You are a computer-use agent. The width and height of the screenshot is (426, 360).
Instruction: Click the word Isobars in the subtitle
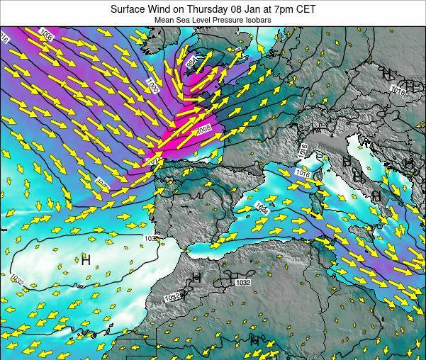point(256,21)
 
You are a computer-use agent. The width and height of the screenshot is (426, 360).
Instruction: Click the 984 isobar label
point(191,62)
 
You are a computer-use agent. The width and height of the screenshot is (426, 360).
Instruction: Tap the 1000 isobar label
point(152,86)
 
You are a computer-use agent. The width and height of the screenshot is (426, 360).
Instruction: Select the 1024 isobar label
point(262,207)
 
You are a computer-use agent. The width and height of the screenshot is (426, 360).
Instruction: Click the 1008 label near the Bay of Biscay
point(204,129)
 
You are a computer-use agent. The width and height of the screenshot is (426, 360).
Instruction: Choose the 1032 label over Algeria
point(242,282)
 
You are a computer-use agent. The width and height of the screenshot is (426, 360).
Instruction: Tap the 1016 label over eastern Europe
point(397,89)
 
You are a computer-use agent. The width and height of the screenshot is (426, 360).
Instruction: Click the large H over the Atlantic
point(86,260)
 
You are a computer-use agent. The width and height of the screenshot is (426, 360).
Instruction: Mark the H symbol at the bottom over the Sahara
point(254,341)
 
